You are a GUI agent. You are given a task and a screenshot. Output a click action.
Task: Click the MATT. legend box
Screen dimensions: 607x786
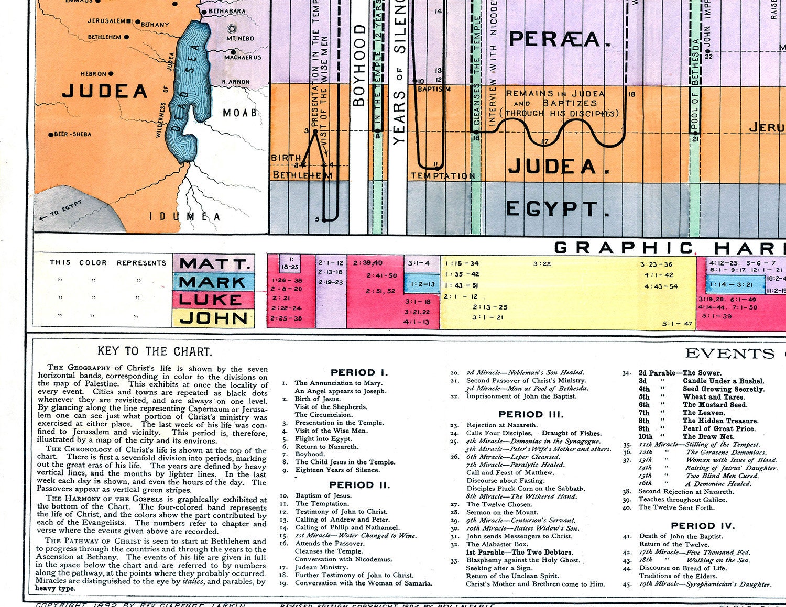214,263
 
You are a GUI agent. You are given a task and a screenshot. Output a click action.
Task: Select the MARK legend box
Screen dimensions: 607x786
214,282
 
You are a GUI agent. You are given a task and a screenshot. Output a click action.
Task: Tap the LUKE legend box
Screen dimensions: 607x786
214,300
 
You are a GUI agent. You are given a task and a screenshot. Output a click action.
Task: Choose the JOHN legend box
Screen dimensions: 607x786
214,318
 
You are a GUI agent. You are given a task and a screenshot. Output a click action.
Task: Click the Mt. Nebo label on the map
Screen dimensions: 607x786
240,38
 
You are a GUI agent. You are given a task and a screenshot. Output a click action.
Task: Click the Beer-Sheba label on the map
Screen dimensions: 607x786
72,134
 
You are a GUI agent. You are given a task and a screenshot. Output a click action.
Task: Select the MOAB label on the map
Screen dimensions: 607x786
240,113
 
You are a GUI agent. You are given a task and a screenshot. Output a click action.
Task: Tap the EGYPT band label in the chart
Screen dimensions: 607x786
557,209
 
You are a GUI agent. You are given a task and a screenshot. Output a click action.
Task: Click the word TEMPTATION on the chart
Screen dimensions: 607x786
443,176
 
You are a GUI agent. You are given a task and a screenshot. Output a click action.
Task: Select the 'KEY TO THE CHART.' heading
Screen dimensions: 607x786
154,351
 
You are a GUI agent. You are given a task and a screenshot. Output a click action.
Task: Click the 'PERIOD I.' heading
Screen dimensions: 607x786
359,372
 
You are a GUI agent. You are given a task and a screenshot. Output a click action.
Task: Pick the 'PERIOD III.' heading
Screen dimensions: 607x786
531,414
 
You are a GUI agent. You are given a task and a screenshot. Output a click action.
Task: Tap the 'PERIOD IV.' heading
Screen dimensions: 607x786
703,526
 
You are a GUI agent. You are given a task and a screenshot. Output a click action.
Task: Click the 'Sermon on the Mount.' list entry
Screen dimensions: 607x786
502,512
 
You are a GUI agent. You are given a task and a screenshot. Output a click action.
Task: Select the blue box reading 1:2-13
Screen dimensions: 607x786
422,284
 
